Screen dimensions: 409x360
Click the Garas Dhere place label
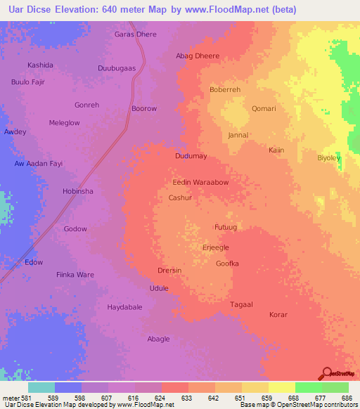tap(136, 34)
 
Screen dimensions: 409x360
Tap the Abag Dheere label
tap(198, 56)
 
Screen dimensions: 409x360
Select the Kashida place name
tap(40, 65)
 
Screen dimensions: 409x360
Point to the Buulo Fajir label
tap(27, 82)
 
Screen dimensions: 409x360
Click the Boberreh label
tap(225, 90)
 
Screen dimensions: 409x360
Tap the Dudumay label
tap(191, 157)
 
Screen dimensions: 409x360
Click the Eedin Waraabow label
tap(200, 182)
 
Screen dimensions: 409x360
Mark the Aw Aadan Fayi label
tap(39, 164)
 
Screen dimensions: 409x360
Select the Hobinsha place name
tap(78, 191)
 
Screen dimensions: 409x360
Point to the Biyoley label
tap(328, 158)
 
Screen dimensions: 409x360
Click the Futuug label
tap(228, 228)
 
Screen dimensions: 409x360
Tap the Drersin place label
tap(169, 271)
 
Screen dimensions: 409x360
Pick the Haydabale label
tap(124, 307)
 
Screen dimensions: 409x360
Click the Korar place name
tap(278, 315)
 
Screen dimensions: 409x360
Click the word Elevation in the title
tap(73, 10)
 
